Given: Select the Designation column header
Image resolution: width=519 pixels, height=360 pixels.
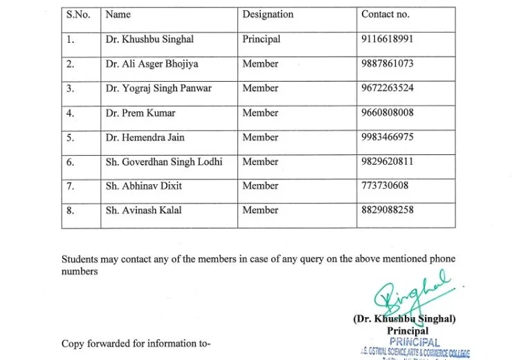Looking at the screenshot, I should tap(268, 14).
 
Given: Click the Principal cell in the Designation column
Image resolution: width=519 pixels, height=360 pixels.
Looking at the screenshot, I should tap(261, 39).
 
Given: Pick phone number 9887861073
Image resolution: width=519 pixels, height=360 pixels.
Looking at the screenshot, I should tap(388, 64).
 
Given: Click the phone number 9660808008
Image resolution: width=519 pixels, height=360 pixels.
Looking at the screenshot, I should tap(388, 113).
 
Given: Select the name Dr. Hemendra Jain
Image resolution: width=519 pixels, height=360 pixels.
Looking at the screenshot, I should tap(145, 137).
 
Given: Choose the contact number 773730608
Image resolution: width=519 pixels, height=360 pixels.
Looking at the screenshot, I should tap(385, 186).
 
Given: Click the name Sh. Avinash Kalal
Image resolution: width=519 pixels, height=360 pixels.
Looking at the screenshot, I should tap(144, 210).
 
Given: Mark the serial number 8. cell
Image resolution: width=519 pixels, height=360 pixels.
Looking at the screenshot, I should tap(71, 210).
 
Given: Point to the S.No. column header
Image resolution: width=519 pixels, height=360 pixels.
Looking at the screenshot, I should tap(78, 14).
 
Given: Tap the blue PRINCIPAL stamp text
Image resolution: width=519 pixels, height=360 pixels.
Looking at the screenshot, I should tap(415, 342).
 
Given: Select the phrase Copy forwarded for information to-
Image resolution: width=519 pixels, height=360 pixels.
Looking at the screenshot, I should tap(136, 343).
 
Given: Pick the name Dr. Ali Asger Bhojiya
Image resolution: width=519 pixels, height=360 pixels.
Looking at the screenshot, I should tap(152, 64).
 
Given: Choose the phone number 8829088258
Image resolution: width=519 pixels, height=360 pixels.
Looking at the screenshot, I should tap(388, 210).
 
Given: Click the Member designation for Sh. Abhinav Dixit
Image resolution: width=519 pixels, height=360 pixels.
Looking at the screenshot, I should tap(260, 186).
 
